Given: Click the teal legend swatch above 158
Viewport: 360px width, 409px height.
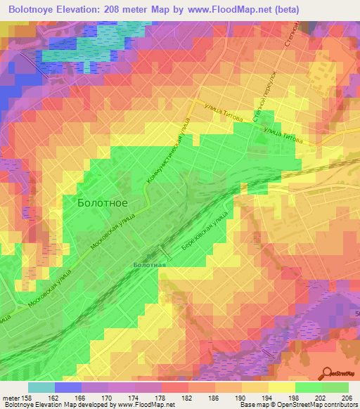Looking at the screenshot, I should click(41, 387).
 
